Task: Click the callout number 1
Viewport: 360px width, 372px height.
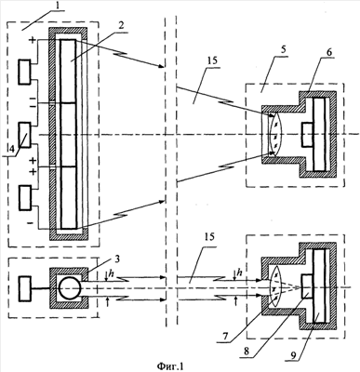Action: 59,6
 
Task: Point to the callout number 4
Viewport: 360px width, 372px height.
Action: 11,149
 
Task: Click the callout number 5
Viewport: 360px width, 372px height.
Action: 284,52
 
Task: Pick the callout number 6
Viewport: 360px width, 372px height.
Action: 328,52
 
